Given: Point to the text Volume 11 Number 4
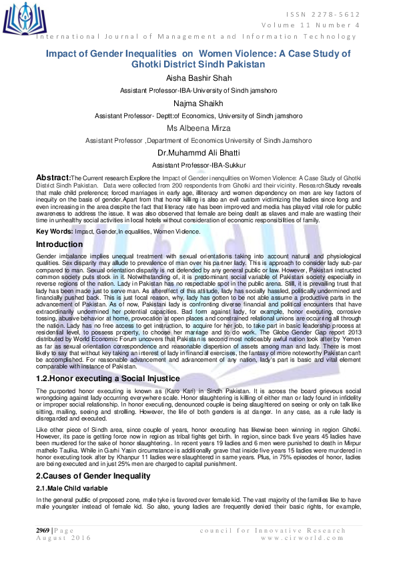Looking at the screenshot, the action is (323, 25).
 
